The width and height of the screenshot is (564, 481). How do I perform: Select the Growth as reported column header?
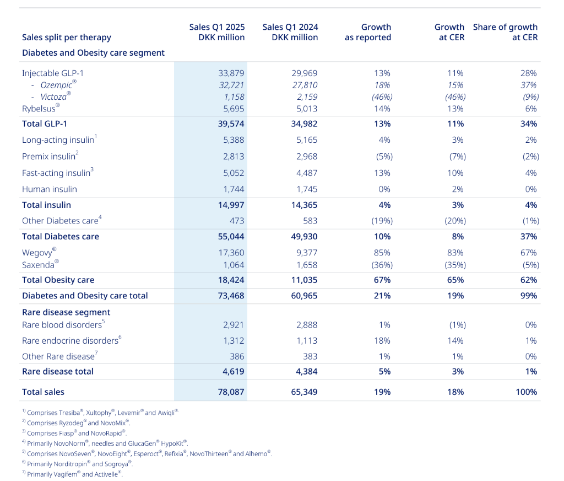368,32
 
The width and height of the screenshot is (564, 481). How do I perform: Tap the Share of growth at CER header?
505,32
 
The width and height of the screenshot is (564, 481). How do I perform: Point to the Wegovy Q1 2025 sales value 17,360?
230,253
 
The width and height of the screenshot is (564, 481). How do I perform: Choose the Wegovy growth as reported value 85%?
382,253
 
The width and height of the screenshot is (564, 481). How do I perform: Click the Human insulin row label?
50,189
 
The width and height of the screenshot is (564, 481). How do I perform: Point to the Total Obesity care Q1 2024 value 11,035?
303,280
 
